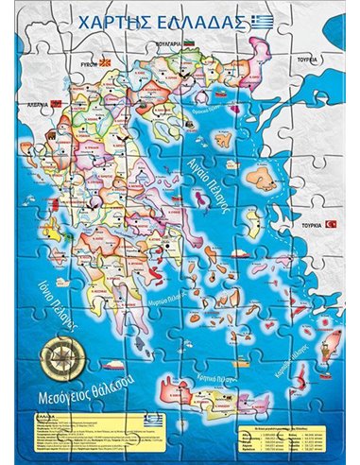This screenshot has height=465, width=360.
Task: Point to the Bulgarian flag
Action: point(189,45)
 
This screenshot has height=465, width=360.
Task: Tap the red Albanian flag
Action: point(58,100)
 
